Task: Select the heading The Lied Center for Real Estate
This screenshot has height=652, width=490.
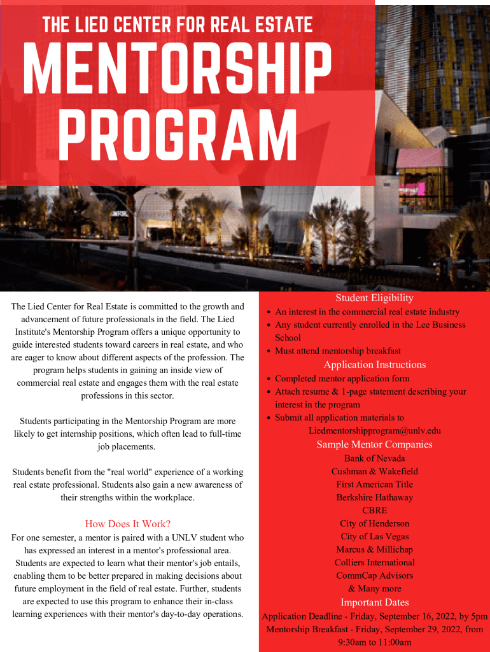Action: (x=178, y=25)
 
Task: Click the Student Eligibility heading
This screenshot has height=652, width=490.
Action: (x=374, y=298)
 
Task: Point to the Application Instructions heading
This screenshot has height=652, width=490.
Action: (x=374, y=365)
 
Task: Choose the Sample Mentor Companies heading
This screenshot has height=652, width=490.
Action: (x=374, y=444)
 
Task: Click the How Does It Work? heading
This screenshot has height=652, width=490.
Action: (x=127, y=524)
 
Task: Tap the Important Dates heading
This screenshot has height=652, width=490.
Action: (x=374, y=602)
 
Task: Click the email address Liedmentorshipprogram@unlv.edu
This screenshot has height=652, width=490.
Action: (x=374, y=431)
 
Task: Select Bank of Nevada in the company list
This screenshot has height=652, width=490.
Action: (x=374, y=458)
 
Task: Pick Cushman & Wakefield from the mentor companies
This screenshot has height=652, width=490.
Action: (x=374, y=472)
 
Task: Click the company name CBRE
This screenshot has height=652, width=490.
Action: (x=374, y=511)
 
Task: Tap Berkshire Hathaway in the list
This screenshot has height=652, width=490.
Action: (x=374, y=498)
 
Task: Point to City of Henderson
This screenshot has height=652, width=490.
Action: (x=374, y=523)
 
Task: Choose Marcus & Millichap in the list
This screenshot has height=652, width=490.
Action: (x=374, y=549)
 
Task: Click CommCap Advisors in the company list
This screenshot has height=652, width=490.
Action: (x=374, y=576)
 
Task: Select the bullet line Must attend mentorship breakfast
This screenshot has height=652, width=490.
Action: (x=337, y=351)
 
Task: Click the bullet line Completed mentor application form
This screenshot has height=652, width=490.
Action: (x=342, y=379)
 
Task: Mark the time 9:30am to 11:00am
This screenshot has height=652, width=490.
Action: (x=374, y=642)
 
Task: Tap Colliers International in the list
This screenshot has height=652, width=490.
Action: (x=374, y=563)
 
